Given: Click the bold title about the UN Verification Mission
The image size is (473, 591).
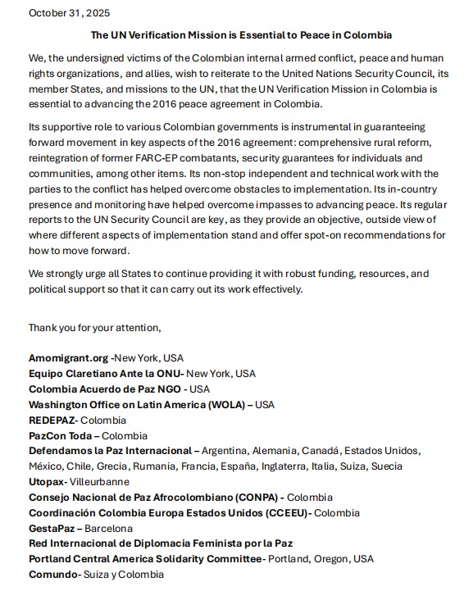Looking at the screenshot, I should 241,35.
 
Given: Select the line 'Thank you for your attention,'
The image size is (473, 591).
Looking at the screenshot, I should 95,328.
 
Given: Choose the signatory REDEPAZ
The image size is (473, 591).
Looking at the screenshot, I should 53,421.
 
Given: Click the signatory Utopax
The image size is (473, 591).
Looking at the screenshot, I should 46,482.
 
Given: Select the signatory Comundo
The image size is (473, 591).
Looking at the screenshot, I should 52,575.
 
